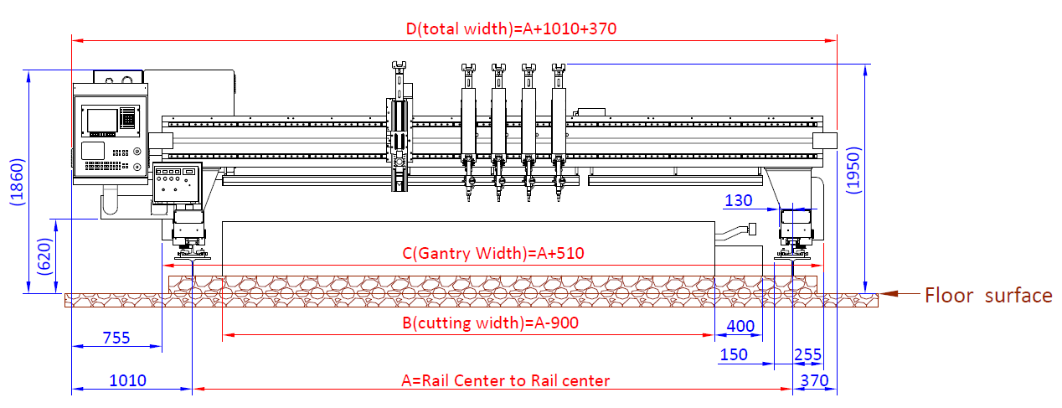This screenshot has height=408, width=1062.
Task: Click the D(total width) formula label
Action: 511,28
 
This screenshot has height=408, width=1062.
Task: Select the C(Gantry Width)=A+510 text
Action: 492,253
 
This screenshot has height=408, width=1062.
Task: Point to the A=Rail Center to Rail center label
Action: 506,380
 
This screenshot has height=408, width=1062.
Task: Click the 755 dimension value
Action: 116,338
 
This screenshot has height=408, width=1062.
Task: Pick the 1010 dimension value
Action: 127,380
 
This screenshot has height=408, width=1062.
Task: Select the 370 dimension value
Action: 814,380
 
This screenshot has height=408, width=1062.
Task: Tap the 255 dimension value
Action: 807,354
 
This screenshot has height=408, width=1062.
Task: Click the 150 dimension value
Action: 734,354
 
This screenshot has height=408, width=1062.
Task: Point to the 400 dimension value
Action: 740,326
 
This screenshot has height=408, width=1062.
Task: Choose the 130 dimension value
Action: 738,200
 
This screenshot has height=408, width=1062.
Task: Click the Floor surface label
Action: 988,295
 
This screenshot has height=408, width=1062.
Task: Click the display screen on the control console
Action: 102,121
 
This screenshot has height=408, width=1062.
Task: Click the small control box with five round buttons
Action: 176,183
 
